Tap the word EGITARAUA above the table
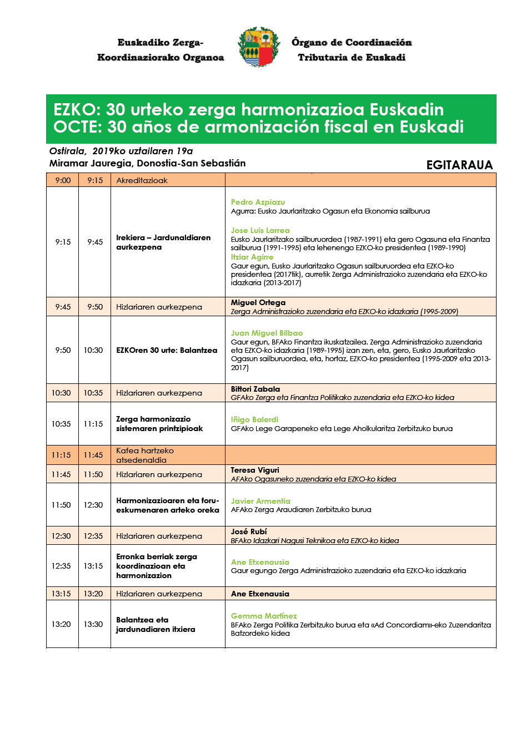459,165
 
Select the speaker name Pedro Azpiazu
258,202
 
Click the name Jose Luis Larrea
260,230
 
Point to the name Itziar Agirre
252,257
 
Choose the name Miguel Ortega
258,303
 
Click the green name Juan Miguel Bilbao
267,333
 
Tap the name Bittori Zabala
255,389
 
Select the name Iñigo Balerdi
254,420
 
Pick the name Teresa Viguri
255,470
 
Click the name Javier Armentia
260,501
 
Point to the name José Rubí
249,531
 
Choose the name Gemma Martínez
264,616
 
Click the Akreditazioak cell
142,180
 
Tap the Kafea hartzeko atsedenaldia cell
144,455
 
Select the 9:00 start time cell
63,180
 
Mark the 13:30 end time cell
93,624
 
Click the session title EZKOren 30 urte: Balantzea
167,350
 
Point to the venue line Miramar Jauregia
147,163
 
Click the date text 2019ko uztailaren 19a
143,151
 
